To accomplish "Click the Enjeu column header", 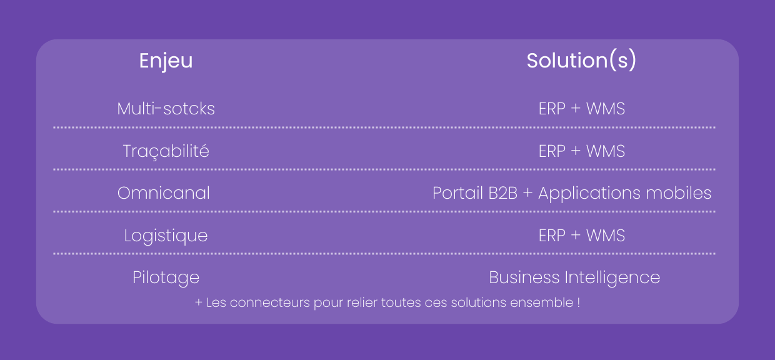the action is [x=166, y=61].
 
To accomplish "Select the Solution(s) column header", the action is [x=581, y=61].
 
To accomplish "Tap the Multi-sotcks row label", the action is [x=166, y=109].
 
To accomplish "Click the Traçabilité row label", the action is [x=166, y=151].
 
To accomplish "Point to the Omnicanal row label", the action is [x=164, y=193].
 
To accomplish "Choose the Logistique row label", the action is [x=166, y=236].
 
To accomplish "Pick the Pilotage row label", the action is [x=166, y=277].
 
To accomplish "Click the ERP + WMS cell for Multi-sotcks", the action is [x=582, y=109].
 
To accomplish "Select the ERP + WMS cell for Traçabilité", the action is [x=582, y=151].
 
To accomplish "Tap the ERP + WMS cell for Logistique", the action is [x=582, y=236].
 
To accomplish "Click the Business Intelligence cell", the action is [x=574, y=277].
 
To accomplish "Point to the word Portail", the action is [x=457, y=193].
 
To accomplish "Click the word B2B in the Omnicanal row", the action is [x=502, y=193].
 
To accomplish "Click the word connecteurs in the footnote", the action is [x=270, y=302].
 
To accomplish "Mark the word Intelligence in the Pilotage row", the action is [x=612, y=277].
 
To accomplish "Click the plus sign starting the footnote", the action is [x=199, y=302].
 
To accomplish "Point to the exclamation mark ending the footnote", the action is [x=579, y=302].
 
